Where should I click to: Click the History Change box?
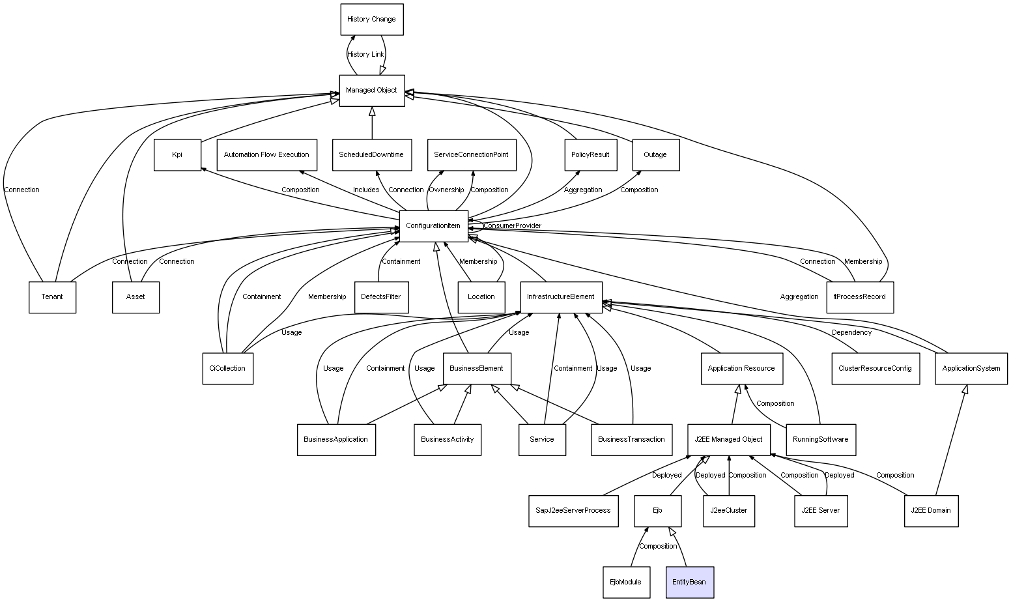point(371,20)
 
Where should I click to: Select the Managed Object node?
point(371,91)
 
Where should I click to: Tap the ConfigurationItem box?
point(433,226)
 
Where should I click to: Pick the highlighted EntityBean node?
point(689,582)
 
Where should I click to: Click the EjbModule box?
point(625,582)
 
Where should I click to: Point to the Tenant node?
point(52,297)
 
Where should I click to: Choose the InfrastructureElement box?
point(560,297)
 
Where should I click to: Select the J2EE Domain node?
point(931,511)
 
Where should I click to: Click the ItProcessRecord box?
point(859,297)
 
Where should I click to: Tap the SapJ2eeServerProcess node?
point(573,511)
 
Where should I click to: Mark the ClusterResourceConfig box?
point(875,369)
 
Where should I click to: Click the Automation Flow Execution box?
point(266,155)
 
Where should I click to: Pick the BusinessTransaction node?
point(631,440)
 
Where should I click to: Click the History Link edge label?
point(365,55)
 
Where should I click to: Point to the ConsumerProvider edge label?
point(512,226)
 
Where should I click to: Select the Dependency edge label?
point(851,333)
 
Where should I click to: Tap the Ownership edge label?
point(446,190)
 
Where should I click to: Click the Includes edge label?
point(365,190)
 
